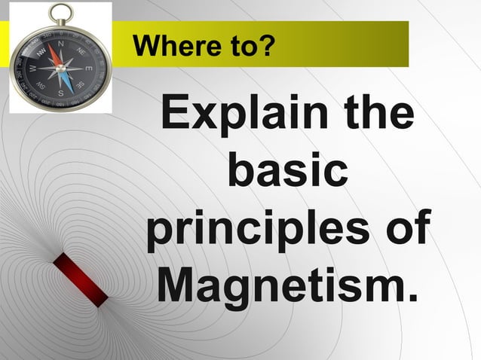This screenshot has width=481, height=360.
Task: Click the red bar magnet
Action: pyautogui.click(x=80, y=279)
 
